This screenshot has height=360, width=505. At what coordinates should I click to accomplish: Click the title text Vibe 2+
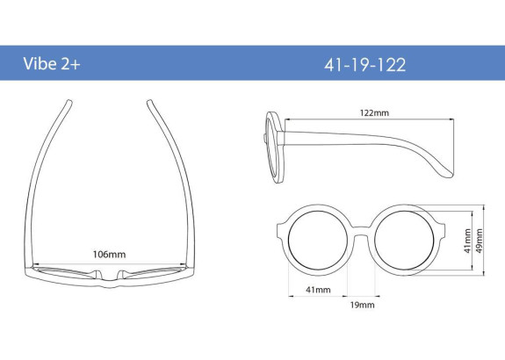[52, 64]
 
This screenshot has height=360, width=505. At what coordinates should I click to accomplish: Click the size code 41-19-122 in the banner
[364, 65]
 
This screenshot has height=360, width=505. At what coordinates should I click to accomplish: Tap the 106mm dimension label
[109, 255]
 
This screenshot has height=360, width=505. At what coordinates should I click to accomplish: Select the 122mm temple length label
[374, 112]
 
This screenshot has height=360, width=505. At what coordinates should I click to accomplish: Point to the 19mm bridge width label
[363, 305]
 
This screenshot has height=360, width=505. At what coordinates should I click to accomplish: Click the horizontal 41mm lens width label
[318, 290]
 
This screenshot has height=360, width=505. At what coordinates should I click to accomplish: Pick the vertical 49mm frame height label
[479, 241]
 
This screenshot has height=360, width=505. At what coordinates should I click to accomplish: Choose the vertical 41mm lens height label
[468, 241]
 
